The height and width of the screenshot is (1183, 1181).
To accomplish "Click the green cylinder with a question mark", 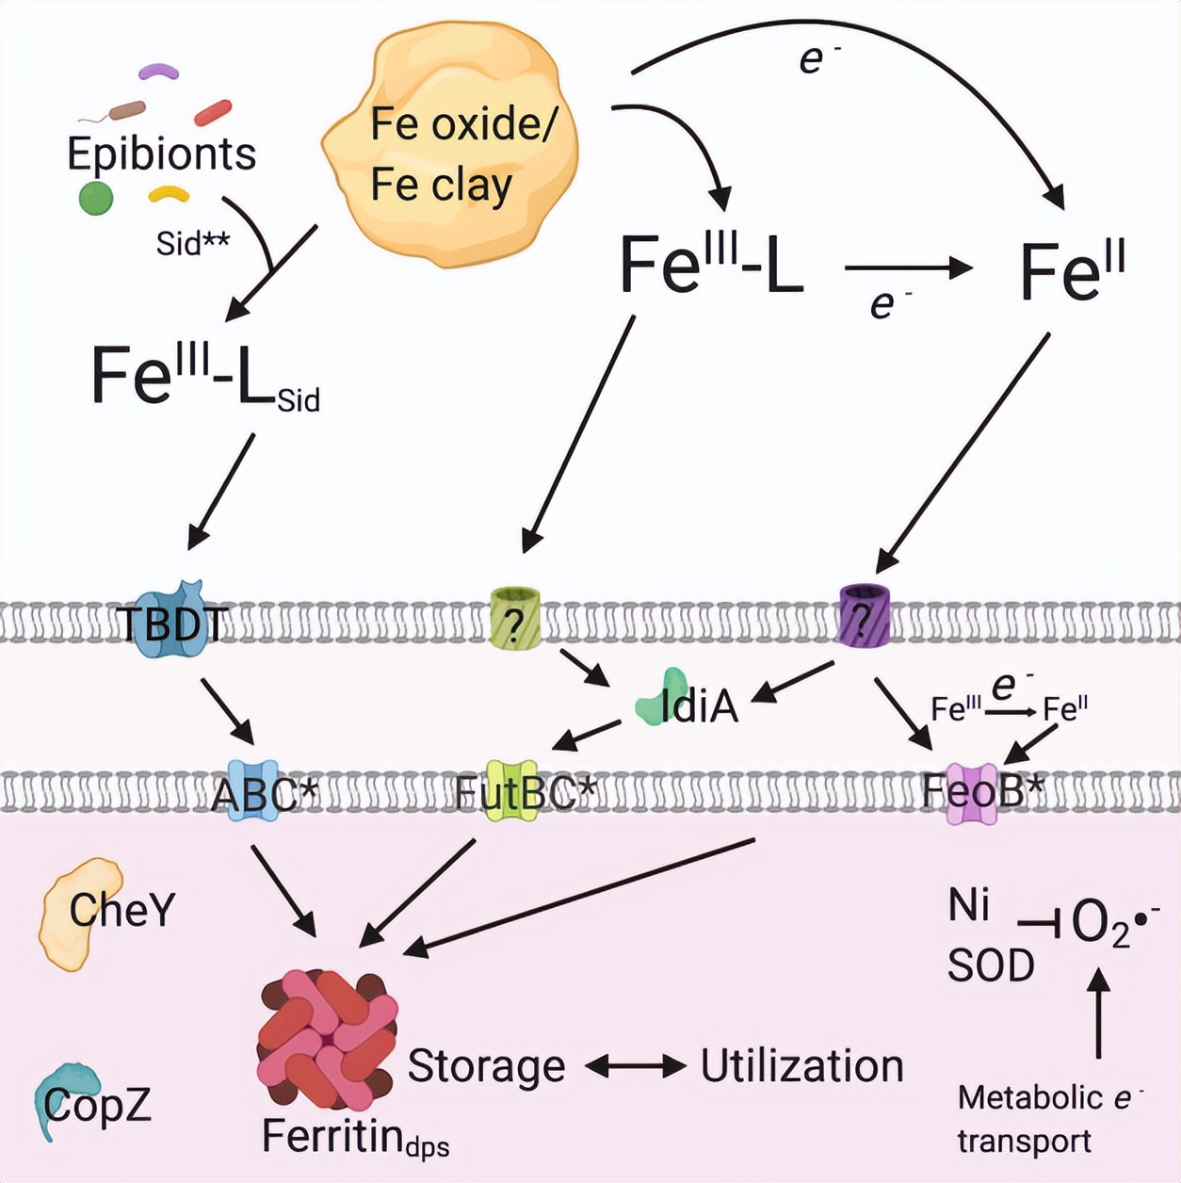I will pyautogui.click(x=515, y=618).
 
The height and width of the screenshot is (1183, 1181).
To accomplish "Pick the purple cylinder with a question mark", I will pyautogui.click(x=864, y=614).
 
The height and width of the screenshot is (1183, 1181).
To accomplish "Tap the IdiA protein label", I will pyautogui.click(x=698, y=705).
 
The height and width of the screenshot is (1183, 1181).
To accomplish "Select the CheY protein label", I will pyautogui.click(x=121, y=910).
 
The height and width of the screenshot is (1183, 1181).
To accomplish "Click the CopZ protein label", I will pyautogui.click(x=97, y=1105).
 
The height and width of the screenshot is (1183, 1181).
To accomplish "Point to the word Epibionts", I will pyautogui.click(x=161, y=154).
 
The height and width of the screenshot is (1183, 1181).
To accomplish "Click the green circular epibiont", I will pyautogui.click(x=95, y=199).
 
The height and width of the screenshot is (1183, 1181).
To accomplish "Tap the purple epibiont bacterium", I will pyautogui.click(x=158, y=71).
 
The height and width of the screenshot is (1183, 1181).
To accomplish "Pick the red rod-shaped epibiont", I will pyautogui.click(x=213, y=112).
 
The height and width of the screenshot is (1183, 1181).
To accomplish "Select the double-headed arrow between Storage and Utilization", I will pyautogui.click(x=635, y=1066).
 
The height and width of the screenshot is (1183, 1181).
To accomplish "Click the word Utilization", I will pyautogui.click(x=801, y=1066).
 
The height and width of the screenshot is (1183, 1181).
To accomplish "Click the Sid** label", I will pyautogui.click(x=192, y=243).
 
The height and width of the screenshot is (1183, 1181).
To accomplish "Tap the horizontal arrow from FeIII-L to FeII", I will pyautogui.click(x=908, y=268).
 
